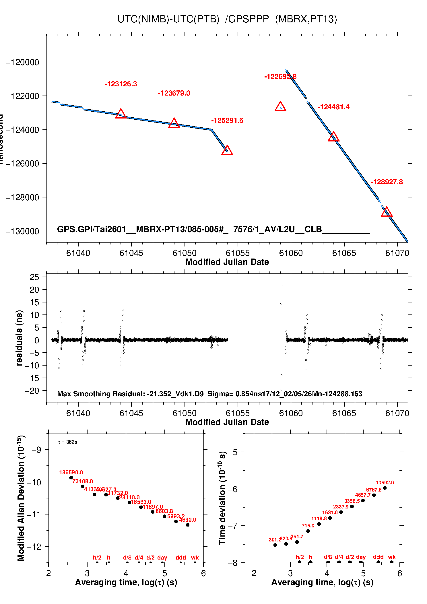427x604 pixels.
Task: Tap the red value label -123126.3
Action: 121,84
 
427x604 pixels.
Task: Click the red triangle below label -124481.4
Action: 333,137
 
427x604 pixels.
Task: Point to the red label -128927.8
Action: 387,182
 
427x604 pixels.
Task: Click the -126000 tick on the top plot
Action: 22,164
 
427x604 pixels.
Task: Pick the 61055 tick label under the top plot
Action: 238,253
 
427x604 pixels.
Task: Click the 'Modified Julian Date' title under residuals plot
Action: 227,422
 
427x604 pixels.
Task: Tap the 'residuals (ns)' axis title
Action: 19,338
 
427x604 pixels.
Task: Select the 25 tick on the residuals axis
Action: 34,277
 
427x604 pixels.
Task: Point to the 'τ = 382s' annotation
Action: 68,442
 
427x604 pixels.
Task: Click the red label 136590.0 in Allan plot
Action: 71,472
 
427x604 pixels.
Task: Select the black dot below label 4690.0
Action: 188,525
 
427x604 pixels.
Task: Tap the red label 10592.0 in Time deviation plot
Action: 385,483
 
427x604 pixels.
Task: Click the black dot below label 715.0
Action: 308,531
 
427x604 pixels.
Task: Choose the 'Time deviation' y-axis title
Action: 222,498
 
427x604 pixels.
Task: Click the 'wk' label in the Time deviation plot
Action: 392,557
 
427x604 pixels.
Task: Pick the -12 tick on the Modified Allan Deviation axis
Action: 34,547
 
